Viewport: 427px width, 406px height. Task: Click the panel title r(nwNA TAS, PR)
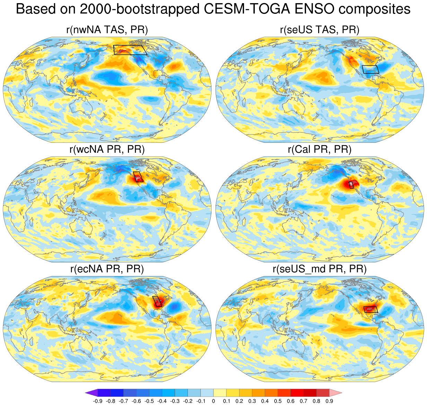pos(107,30)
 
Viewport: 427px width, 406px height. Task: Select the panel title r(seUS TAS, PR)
pos(319,30)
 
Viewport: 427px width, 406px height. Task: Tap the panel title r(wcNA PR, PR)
pos(107,149)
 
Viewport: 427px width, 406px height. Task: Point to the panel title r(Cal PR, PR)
pos(319,149)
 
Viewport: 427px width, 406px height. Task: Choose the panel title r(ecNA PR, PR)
pos(107,269)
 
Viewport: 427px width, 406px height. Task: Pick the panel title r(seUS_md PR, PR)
pos(319,269)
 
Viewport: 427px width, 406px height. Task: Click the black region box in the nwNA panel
pos(130,50)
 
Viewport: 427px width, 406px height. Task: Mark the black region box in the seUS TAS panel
pos(371,69)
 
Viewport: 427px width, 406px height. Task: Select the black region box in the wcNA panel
pos(138,177)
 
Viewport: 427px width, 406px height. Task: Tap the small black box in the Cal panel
pos(351,185)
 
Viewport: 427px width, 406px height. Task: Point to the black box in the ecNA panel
pos(158,302)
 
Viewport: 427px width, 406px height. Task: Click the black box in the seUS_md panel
pos(371,309)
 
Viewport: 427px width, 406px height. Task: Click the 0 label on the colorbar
pos(214,401)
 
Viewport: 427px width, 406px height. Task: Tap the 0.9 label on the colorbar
pos(329,401)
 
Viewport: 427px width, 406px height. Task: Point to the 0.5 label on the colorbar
pos(278,401)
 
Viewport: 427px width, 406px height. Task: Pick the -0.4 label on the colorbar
pos(162,401)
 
